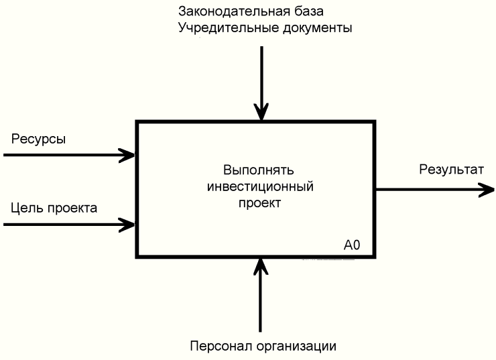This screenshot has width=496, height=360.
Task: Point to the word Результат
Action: tap(450, 170)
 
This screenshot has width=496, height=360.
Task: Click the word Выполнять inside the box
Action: tap(259, 170)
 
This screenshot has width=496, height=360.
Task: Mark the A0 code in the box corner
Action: tap(352, 246)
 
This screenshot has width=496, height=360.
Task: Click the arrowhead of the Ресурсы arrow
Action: tap(129, 155)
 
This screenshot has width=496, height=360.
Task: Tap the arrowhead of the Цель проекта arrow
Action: tap(129, 224)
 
